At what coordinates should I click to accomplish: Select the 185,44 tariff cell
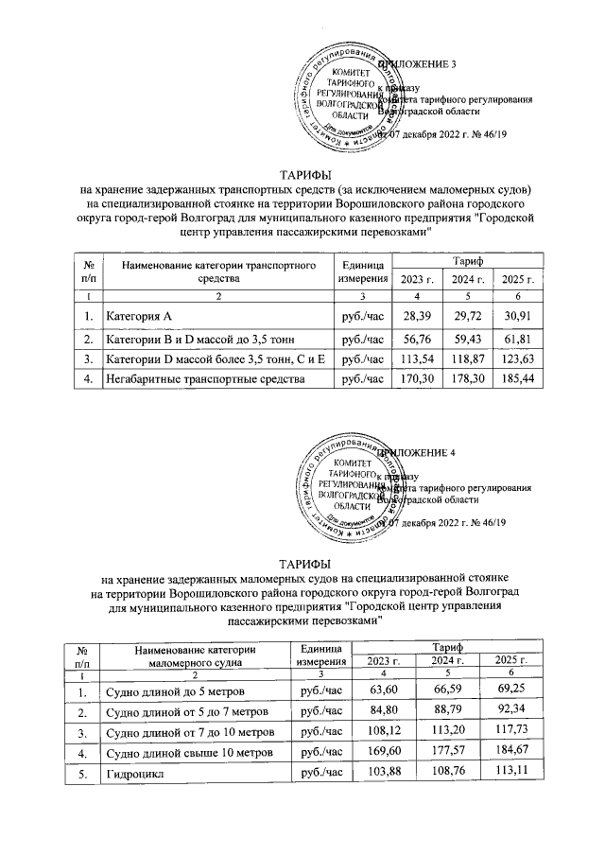click(x=518, y=379)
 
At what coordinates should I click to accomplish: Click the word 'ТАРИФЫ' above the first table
click(x=303, y=174)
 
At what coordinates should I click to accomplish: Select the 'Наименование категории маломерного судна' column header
click(x=195, y=655)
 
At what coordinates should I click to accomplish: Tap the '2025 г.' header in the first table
click(x=518, y=278)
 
